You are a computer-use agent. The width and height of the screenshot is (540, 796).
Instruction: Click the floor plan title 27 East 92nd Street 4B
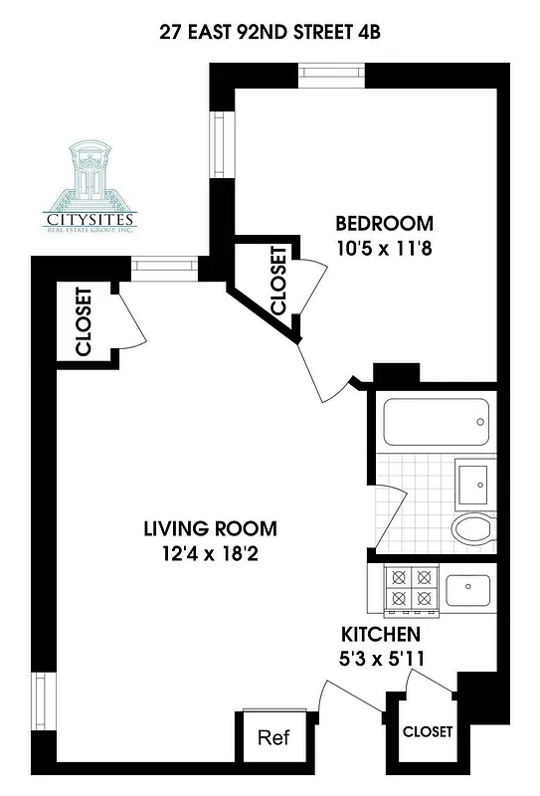coord(270,31)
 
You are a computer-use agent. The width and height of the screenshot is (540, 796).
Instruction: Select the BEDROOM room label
coord(384,223)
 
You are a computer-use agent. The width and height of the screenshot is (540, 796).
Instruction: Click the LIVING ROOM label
coord(210,528)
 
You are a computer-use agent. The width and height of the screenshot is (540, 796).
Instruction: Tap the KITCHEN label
coord(381,634)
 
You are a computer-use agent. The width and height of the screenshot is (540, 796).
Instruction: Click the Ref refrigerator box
coord(272,738)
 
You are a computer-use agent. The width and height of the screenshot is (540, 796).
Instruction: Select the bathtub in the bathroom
coord(437,424)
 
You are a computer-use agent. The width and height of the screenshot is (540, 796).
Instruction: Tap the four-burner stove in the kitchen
coord(411,588)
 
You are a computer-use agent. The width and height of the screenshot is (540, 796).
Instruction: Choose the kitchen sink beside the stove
coord(468,589)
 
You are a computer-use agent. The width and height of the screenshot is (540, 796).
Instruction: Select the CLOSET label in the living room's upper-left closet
coord(84,322)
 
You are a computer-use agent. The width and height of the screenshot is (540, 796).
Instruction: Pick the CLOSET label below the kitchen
coord(428,731)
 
